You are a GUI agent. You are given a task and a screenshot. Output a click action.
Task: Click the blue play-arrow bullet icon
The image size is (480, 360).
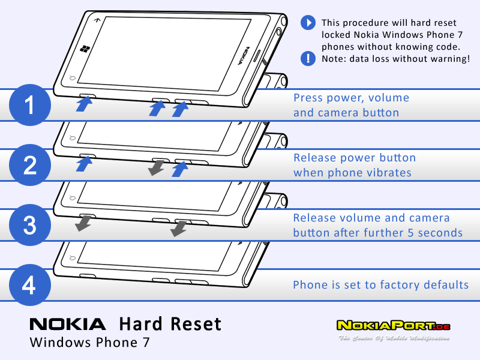[x=308, y=23]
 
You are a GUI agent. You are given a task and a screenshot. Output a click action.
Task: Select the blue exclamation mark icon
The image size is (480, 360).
[x=308, y=58]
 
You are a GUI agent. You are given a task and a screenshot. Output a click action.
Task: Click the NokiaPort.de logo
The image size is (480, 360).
[x=393, y=326]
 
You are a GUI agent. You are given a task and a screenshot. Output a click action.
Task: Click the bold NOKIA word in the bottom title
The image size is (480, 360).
[x=68, y=325]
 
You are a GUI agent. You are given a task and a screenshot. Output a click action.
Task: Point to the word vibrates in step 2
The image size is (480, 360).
[x=388, y=173]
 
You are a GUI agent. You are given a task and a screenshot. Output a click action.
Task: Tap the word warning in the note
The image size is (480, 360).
[x=444, y=59]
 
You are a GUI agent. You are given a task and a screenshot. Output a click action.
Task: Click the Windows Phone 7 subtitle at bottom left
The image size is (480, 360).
[x=89, y=344]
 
